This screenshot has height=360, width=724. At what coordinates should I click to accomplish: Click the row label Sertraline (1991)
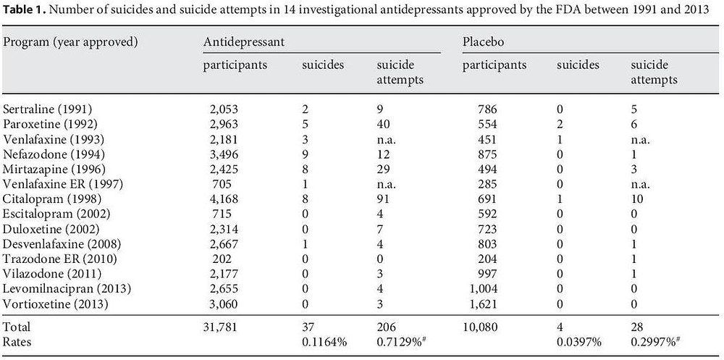pos(48,109)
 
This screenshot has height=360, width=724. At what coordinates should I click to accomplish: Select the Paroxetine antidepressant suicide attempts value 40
pos(383,125)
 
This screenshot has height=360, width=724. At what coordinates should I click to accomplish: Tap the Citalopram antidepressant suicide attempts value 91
pos(383,200)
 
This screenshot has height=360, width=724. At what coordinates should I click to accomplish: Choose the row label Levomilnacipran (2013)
pos(67,289)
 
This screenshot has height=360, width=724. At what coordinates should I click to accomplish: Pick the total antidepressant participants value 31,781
pos(220,327)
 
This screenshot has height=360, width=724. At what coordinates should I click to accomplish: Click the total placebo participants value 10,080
pos(480,327)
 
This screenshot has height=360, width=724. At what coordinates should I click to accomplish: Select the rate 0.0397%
pos(578,342)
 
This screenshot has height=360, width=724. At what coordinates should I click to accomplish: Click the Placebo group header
pos(483,41)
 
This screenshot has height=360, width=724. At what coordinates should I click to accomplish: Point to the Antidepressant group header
pos(243,41)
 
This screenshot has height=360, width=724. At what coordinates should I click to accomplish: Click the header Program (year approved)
pos(70,41)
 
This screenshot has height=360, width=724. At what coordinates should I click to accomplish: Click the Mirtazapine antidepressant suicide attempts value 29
pos(383,169)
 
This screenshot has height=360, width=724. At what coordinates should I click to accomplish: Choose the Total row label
pos(16,327)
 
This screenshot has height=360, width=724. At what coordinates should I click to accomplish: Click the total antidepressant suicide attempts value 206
pos(387,327)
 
